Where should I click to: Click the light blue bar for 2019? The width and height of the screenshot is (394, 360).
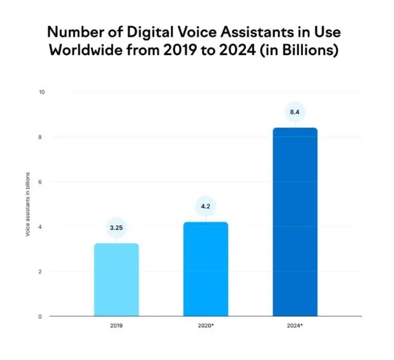coord(116,280)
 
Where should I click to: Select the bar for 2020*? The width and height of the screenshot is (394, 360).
coord(206,269)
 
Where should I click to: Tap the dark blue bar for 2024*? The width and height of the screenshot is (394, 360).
coord(295,221)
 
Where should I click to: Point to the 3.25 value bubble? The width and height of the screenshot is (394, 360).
coord(116,227)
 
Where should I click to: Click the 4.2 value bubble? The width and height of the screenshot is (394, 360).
coord(206,206)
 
